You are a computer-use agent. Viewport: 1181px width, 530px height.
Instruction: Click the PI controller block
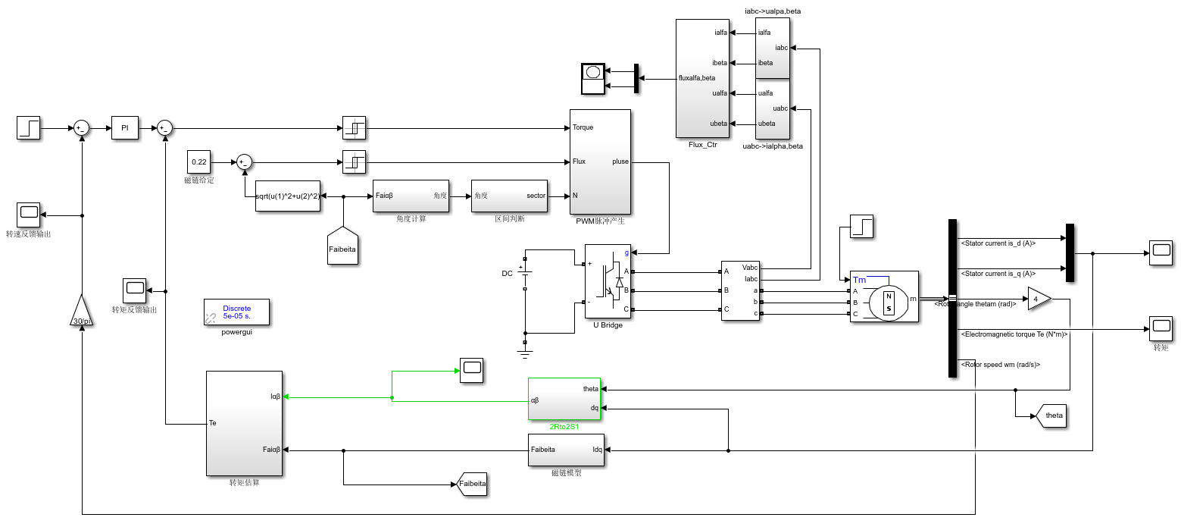point(126,129)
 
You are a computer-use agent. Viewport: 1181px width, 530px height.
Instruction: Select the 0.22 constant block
point(198,162)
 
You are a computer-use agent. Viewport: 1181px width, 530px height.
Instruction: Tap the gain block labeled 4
point(1038,299)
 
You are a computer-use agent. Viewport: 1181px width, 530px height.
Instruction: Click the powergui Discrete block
point(236,312)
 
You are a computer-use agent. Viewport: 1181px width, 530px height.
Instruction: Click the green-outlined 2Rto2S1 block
point(564,399)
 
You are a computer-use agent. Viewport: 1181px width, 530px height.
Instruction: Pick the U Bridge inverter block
point(608,281)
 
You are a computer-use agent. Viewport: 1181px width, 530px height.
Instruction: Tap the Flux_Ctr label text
point(702,144)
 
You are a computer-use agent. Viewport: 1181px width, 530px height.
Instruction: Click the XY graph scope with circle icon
point(593,79)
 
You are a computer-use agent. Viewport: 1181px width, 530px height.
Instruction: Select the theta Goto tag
point(1051,416)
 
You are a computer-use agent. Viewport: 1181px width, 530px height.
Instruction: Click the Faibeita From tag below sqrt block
point(342,246)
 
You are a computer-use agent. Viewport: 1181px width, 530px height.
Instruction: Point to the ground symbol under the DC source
point(524,347)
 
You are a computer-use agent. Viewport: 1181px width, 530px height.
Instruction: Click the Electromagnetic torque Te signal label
point(1013,334)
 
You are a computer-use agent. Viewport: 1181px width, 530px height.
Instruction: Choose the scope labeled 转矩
point(1161,329)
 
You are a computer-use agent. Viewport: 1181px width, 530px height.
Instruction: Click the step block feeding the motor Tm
point(862,226)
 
